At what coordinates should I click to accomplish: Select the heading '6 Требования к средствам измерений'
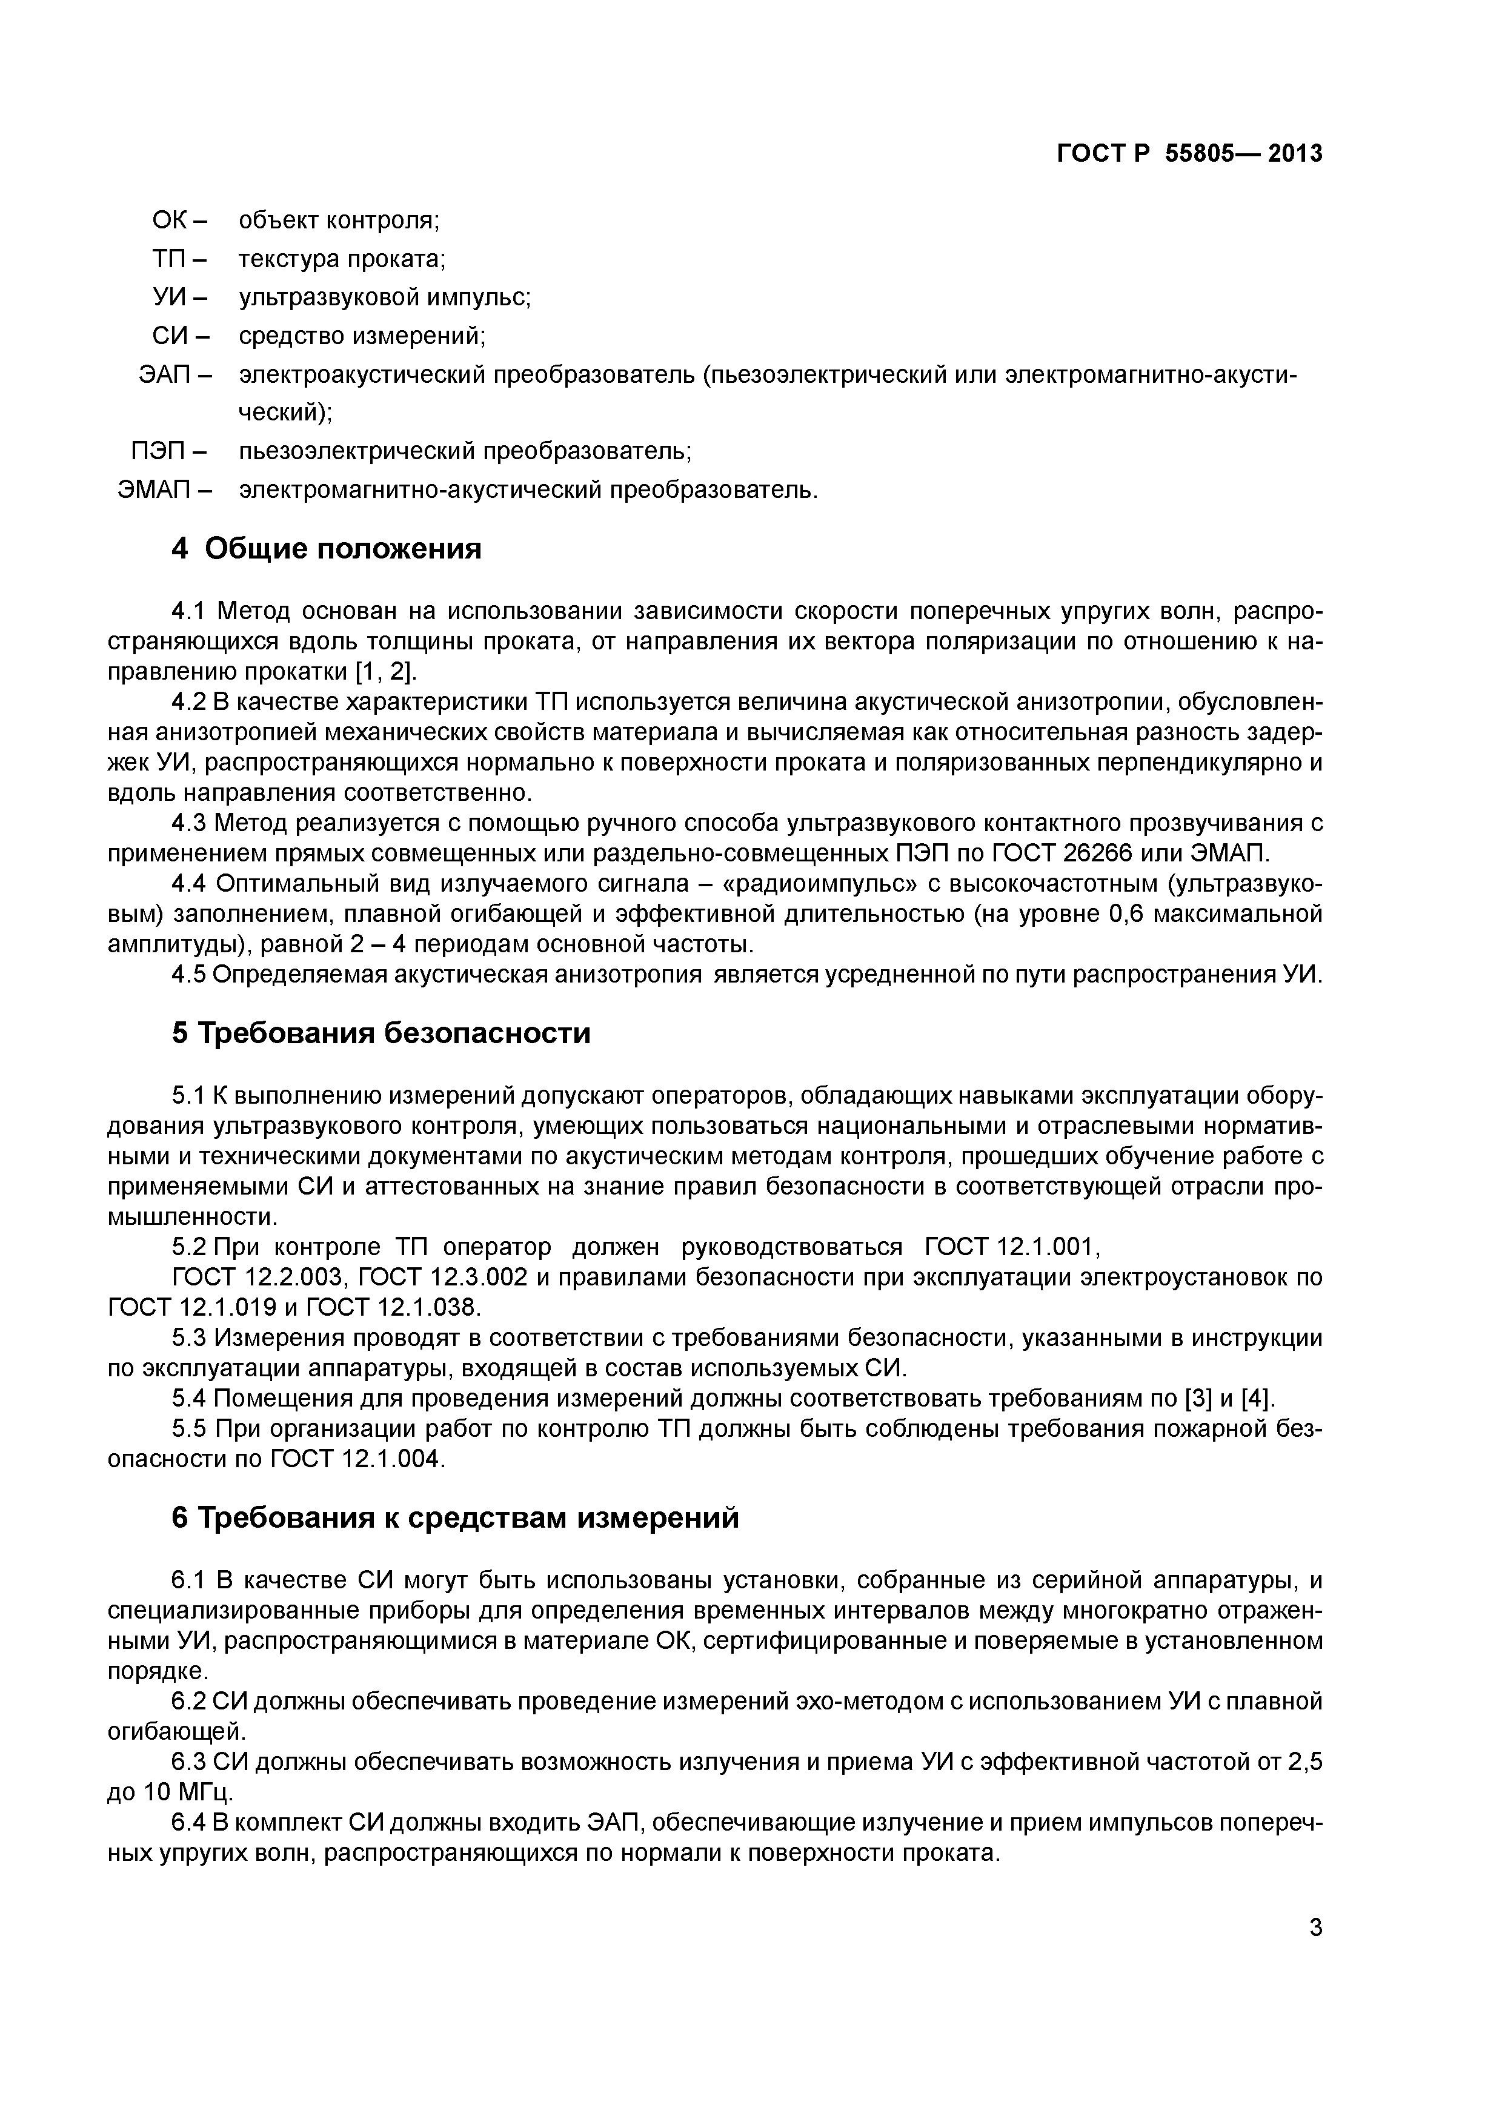(x=454, y=1518)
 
